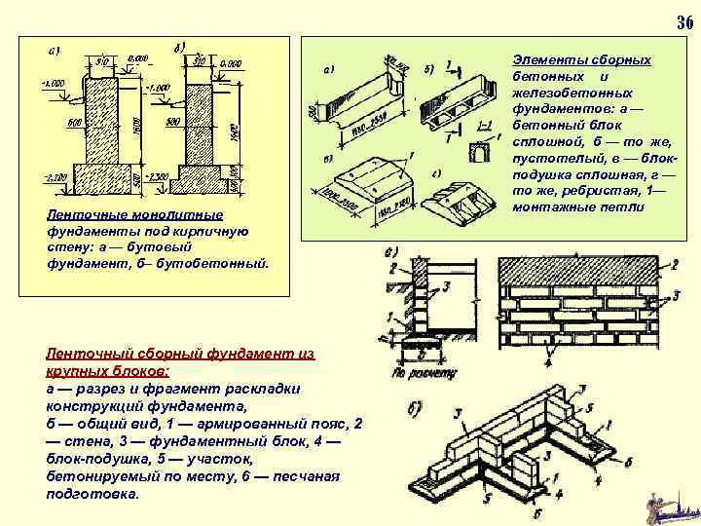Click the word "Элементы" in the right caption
click(x=547, y=60)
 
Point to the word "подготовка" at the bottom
click(x=93, y=493)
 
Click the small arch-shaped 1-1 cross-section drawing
click(x=479, y=152)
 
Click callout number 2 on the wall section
click(x=392, y=267)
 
